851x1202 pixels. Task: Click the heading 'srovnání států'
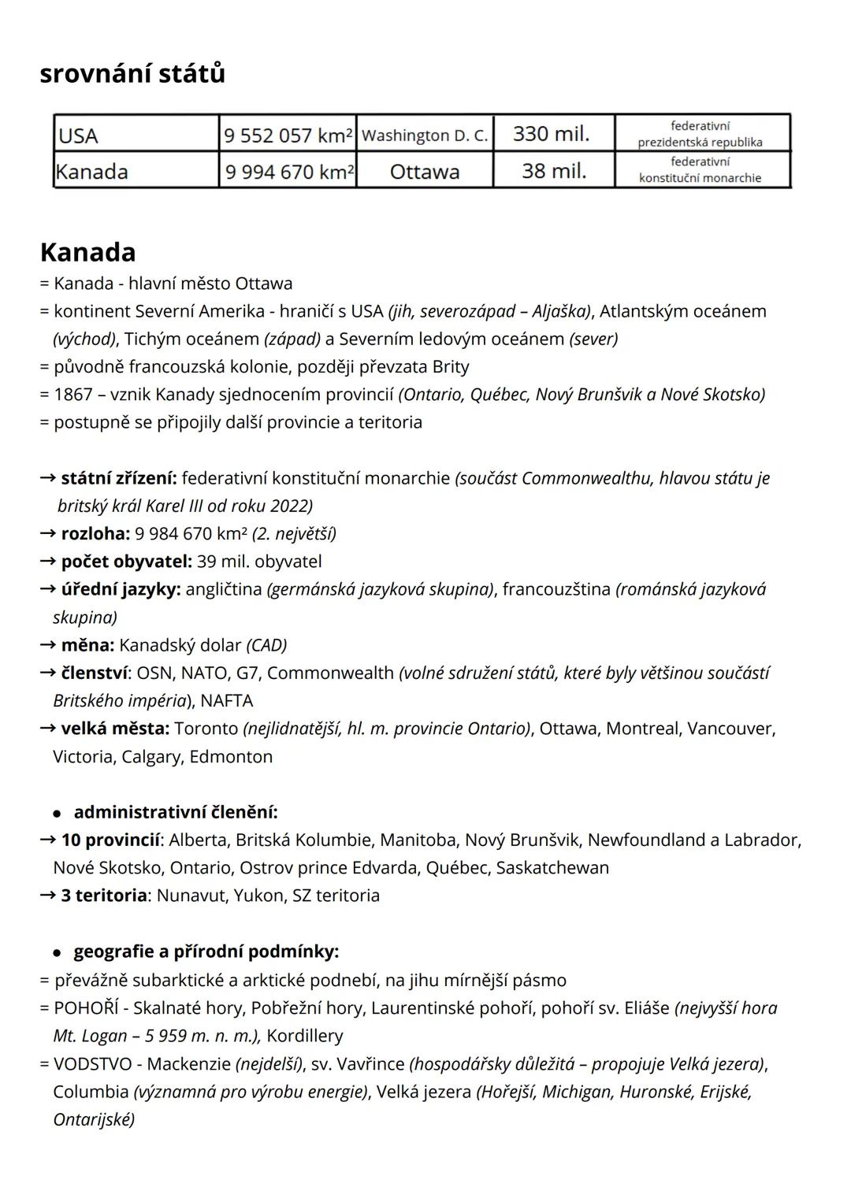(x=132, y=73)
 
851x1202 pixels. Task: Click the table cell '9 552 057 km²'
(x=288, y=135)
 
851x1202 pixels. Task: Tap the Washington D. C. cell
(x=424, y=135)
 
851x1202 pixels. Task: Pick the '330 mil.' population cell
(x=552, y=134)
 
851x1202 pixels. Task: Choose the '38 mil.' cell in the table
(x=554, y=170)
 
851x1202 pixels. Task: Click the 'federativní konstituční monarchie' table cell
(x=700, y=170)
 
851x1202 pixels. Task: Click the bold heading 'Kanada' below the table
(x=87, y=252)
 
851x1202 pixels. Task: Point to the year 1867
(x=72, y=395)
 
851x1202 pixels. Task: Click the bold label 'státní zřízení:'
(x=118, y=478)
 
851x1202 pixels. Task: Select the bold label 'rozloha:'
(x=95, y=534)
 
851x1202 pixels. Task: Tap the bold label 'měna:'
(x=87, y=645)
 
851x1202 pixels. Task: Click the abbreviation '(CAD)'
(x=267, y=645)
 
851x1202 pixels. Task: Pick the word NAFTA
(x=227, y=701)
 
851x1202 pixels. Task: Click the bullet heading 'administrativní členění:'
(x=175, y=812)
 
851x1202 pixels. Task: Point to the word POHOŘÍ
(x=87, y=1008)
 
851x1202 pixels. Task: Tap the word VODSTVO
(x=92, y=1064)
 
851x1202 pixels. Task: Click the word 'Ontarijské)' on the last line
(x=94, y=1119)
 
